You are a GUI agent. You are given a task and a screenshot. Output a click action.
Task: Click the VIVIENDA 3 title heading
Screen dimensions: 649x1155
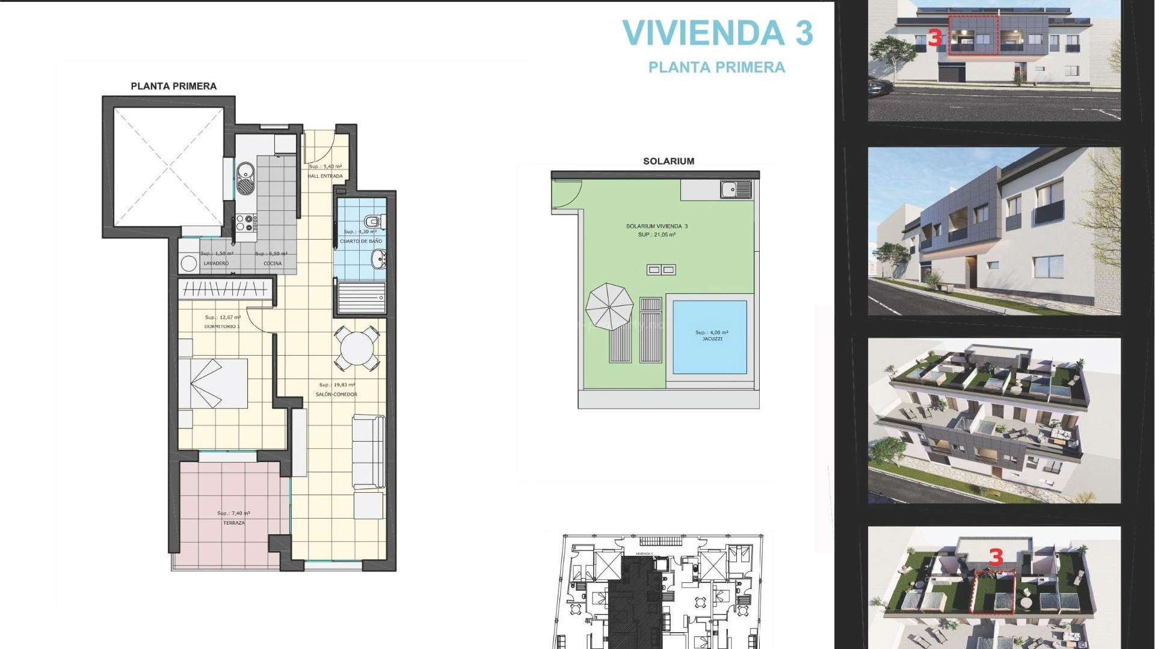[x=717, y=33]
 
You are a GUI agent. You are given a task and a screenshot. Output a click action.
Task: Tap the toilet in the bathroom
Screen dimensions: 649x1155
[x=374, y=221]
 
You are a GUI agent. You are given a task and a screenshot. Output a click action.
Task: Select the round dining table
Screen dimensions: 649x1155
[x=357, y=349]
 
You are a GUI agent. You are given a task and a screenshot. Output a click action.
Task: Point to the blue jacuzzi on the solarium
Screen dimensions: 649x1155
[x=709, y=337]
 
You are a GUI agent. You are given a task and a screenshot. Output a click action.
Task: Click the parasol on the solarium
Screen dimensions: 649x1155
[x=609, y=306]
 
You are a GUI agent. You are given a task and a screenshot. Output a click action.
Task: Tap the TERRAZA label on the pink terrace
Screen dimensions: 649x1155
[x=234, y=523]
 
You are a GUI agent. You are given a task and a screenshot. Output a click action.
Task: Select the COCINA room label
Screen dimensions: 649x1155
[x=273, y=263]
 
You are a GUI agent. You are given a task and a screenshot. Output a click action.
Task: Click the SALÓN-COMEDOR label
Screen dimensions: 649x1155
[x=336, y=394]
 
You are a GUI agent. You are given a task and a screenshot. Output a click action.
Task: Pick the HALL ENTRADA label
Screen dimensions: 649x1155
[x=325, y=176]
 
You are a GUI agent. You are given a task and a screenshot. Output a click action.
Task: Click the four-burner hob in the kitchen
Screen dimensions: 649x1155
[x=246, y=223]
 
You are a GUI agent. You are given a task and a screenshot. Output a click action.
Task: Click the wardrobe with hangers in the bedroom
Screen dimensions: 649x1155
[x=225, y=290]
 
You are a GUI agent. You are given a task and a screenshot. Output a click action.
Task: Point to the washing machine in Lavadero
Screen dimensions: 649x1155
[x=189, y=263]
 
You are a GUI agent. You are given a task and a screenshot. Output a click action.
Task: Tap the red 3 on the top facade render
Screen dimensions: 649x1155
[x=934, y=38]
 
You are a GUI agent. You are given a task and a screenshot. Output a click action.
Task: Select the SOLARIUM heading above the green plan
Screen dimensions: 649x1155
[x=668, y=161]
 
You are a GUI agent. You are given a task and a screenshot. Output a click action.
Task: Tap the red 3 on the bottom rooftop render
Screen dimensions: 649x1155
[x=996, y=557]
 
